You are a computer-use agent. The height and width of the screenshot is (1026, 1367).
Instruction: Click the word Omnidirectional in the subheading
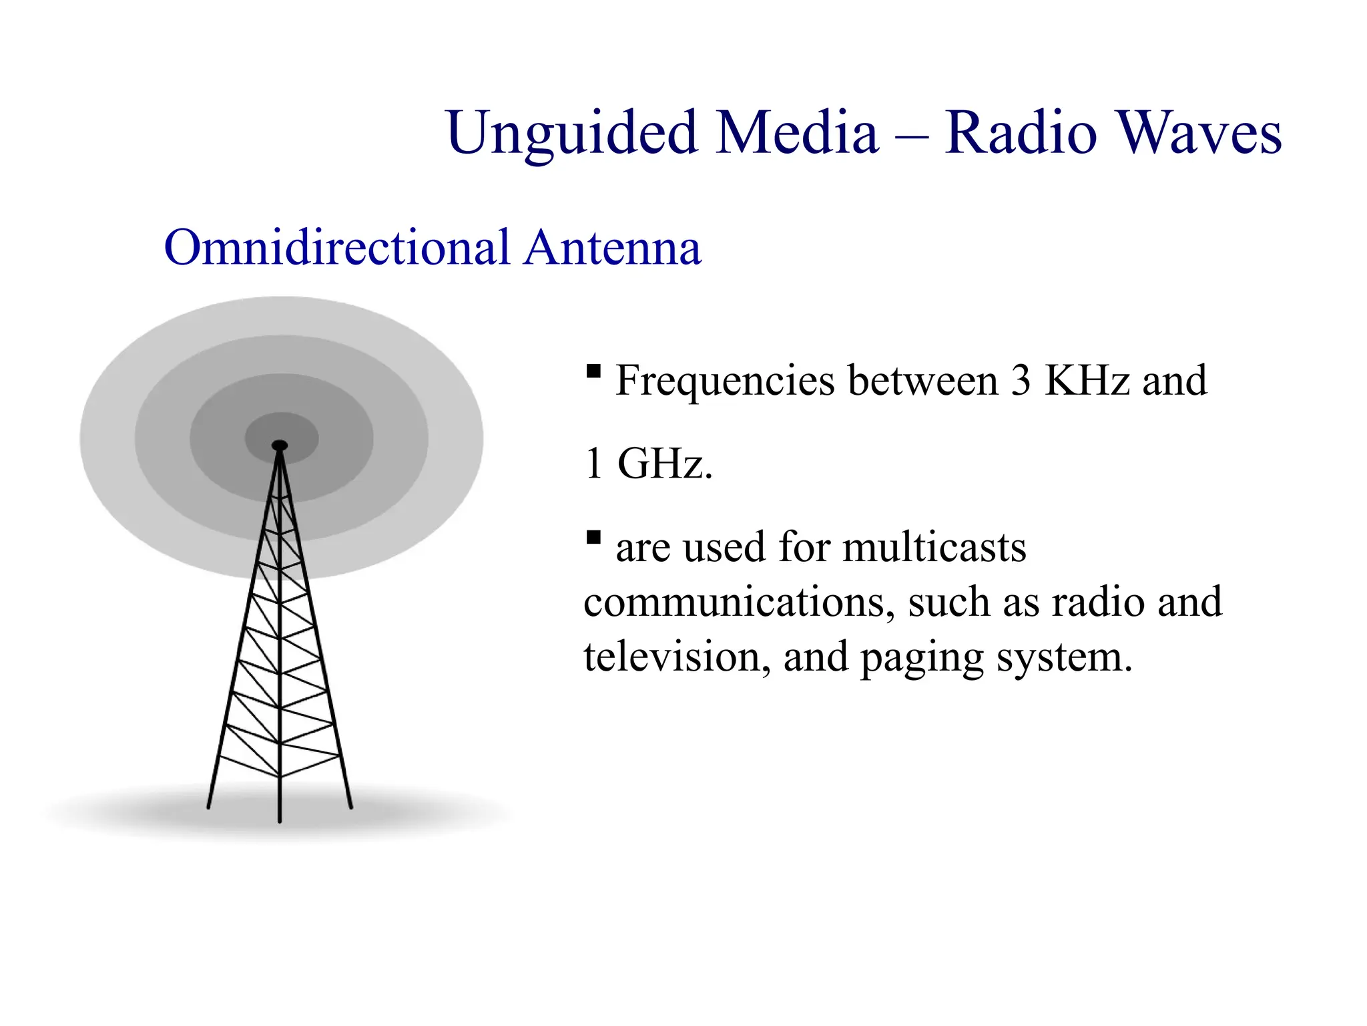click(x=337, y=248)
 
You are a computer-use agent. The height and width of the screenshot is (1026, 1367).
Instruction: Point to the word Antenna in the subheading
click(x=612, y=248)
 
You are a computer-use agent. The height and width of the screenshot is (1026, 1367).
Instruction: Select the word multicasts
click(x=934, y=548)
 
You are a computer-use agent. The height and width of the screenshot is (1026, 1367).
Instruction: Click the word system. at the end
click(x=1065, y=659)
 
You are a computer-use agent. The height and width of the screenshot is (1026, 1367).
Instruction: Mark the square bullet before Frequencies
click(x=593, y=371)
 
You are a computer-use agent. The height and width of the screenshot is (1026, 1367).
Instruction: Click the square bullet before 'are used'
click(x=593, y=537)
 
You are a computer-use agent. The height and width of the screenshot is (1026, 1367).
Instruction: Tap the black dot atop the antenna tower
click(x=280, y=445)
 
